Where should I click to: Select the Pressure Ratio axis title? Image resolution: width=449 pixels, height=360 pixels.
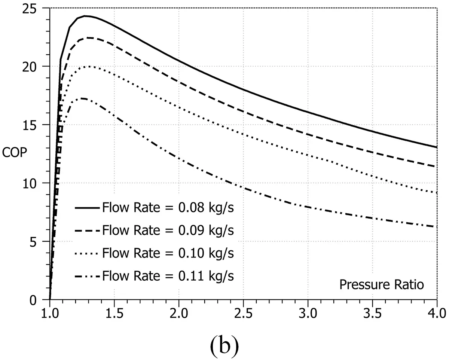(x=382, y=285)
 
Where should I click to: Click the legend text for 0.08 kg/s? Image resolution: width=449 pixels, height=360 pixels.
(x=168, y=208)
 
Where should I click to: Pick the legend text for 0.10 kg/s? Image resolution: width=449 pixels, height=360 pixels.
(x=168, y=253)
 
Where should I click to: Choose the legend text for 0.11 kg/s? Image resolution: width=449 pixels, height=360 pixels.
(x=168, y=276)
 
